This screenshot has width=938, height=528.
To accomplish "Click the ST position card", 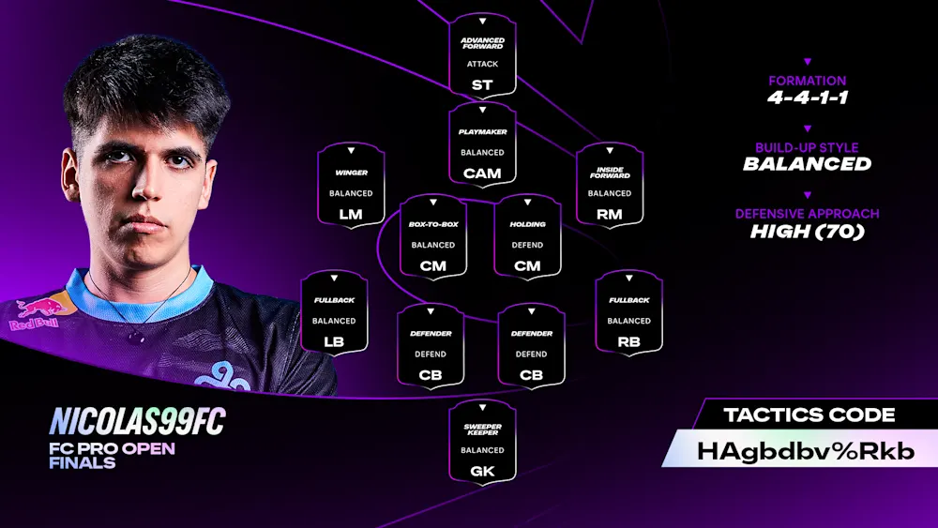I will click(x=482, y=56).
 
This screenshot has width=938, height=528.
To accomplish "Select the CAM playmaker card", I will click(x=482, y=144).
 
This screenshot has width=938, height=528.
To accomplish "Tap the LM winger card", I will click(x=351, y=185).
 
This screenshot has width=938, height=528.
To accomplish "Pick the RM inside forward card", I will click(x=610, y=185).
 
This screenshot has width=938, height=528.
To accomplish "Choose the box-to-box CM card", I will click(x=433, y=236).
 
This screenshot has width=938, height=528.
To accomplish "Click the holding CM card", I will click(x=527, y=236).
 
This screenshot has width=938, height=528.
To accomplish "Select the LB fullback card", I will click(x=334, y=313).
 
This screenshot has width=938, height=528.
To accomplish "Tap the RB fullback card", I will click(x=628, y=313).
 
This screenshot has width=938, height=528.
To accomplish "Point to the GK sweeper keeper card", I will click(x=482, y=442).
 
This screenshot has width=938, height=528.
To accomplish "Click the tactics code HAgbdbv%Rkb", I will click(x=805, y=450).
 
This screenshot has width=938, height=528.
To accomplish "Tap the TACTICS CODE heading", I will click(x=809, y=415).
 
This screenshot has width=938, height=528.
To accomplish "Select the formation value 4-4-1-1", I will click(x=807, y=98).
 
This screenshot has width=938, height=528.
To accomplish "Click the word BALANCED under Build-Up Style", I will click(x=807, y=164).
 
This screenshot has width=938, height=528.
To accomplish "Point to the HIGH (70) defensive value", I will click(x=807, y=231).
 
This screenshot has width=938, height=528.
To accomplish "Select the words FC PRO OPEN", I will click(x=112, y=448).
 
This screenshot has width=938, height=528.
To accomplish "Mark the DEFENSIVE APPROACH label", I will click(x=807, y=214).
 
